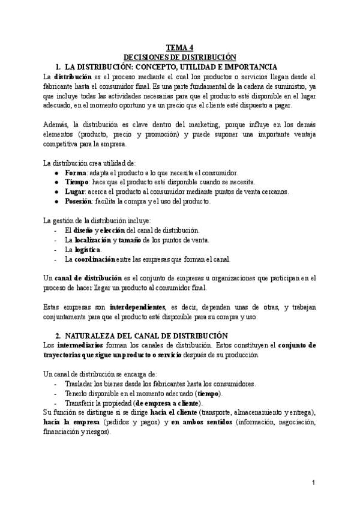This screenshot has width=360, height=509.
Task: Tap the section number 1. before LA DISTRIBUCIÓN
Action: tap(58, 66)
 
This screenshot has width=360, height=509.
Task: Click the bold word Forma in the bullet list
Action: tap(76, 172)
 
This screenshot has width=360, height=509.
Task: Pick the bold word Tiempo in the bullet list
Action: tap(78, 182)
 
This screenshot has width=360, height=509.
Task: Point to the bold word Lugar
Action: tap(76, 191)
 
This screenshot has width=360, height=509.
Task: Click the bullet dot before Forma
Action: tap(56, 172)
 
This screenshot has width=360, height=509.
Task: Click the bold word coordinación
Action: tap(100, 259)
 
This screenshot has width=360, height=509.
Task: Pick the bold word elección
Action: tap(112, 230)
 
